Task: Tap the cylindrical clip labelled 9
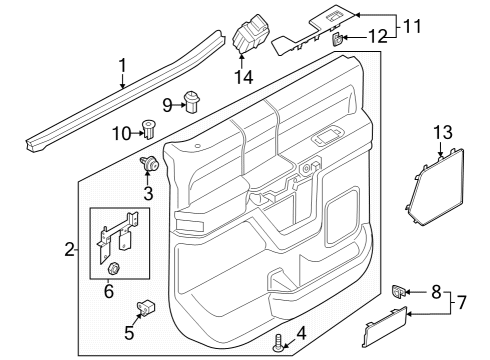point(194,103)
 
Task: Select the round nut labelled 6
point(114,268)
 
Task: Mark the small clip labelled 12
point(338,39)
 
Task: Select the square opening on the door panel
point(339,215)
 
